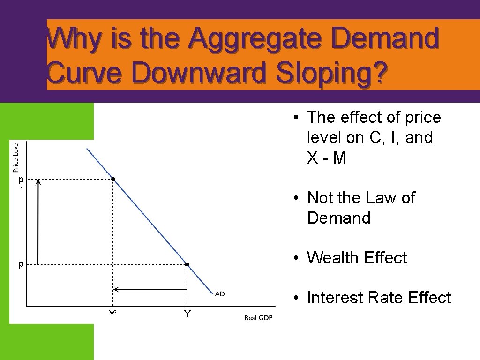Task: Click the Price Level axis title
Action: (16, 157)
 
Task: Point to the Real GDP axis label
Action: (258, 318)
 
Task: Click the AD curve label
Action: (220, 294)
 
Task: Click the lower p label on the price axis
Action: (21, 264)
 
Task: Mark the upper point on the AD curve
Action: (113, 179)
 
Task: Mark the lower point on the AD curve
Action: (187, 265)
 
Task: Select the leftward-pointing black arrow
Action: (150, 289)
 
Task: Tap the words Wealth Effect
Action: (357, 258)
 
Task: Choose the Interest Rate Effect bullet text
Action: (379, 298)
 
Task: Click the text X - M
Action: (326, 158)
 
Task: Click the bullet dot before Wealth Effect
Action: (297, 258)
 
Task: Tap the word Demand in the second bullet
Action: (338, 218)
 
